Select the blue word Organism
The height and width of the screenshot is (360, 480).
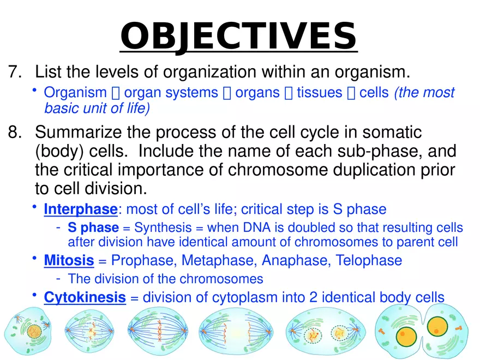pos(75,93)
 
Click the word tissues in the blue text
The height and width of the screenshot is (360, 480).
pos(321,93)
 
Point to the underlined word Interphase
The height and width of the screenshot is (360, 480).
pos(80,209)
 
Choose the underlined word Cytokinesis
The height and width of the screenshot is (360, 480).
pos(85,298)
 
